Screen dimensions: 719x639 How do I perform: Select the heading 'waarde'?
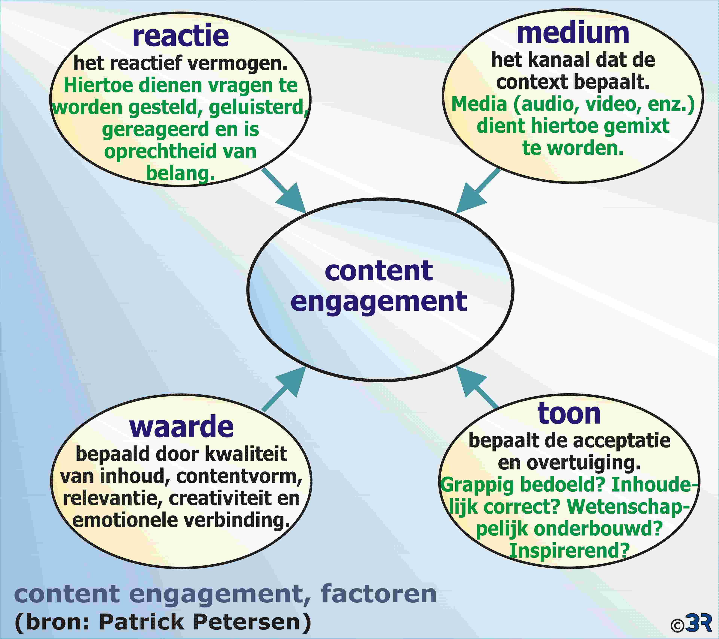[x=181, y=427]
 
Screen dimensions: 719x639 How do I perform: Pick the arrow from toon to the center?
[x=477, y=387]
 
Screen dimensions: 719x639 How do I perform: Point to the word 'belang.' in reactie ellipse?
[x=180, y=173]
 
